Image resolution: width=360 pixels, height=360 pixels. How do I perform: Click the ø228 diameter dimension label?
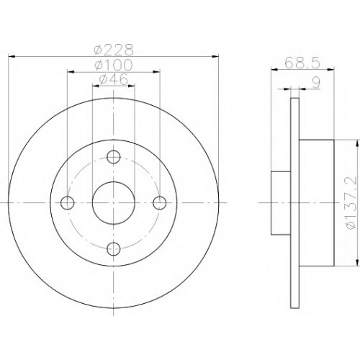114,50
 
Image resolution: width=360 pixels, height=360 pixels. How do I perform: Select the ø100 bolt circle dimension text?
114,65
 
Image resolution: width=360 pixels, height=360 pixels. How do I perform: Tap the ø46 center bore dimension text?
114,79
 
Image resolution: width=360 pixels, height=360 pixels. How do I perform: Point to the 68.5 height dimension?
302,63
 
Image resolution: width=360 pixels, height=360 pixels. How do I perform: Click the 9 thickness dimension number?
316,83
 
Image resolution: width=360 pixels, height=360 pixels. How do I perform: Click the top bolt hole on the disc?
114,157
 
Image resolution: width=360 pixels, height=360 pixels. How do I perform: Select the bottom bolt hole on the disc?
114,249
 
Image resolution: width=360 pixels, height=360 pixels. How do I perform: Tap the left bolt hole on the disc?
68,203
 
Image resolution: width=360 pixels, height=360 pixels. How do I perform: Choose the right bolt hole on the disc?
160,203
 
